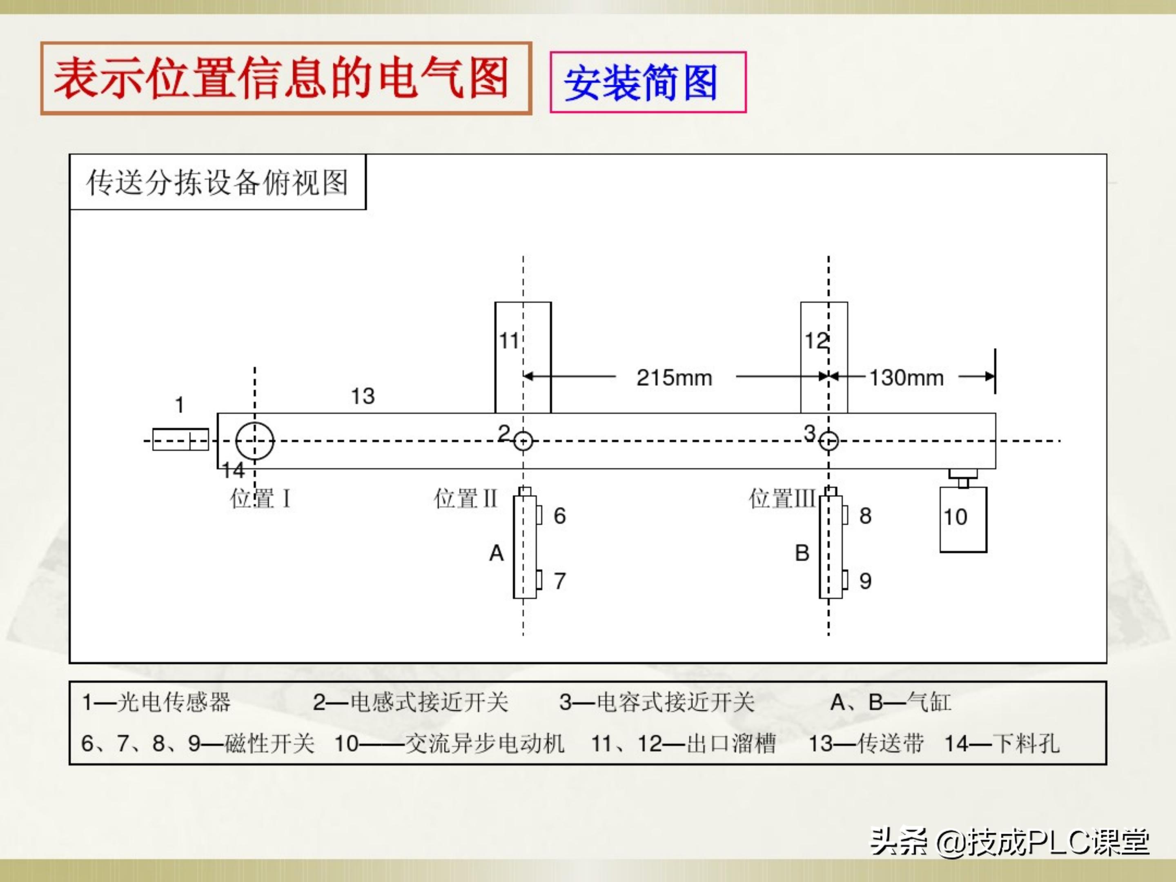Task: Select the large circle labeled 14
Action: pos(255,441)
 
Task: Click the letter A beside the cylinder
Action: pos(496,553)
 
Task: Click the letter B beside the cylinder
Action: pos(802,553)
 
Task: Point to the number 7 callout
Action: pos(559,581)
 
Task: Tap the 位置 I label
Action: pos(260,499)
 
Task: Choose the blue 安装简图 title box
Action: pos(648,82)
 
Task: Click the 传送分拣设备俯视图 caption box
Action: pos(218,183)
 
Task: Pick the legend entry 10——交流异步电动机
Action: pos(449,743)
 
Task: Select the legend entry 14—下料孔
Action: pos(1002,743)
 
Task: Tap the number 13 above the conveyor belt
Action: pos(363,396)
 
